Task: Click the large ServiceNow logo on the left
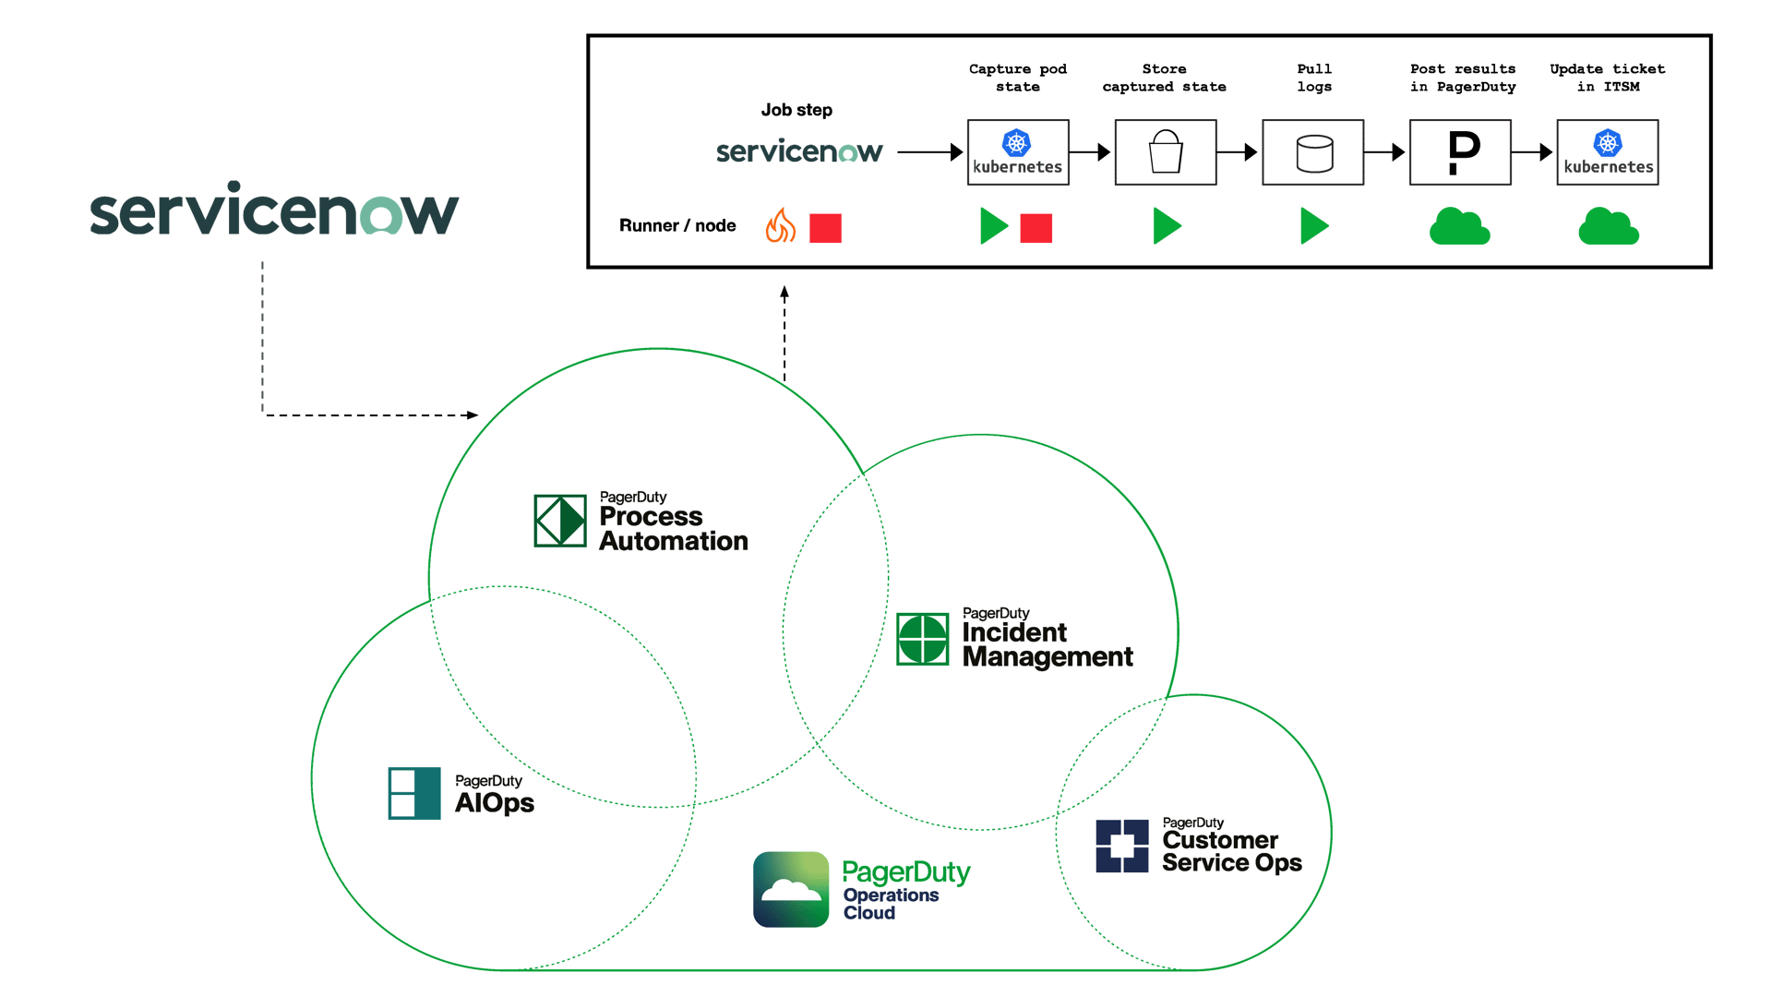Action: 273,210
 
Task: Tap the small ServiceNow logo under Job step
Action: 799,151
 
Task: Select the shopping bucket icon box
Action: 1165,152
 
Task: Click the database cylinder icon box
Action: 1312,152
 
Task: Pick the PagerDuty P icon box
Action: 1460,152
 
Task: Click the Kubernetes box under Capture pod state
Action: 1017,152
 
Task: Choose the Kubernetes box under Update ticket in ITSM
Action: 1607,152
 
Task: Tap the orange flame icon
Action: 780,226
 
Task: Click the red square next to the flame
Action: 825,228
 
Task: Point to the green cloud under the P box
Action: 1459,227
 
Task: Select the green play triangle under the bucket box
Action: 1166,226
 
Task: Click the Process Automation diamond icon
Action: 560,521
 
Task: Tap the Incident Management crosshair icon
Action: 922,638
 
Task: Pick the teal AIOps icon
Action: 414,793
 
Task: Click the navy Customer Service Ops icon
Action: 1121,846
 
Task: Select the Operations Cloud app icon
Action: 791,889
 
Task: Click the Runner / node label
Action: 677,226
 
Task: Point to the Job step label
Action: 796,111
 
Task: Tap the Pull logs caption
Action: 1314,78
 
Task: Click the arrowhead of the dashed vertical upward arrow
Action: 784,293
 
